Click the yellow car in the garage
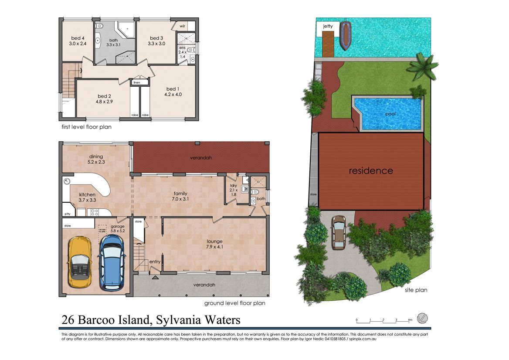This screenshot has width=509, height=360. pyautogui.click(x=80, y=262)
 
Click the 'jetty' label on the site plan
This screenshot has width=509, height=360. pyautogui.click(x=328, y=26)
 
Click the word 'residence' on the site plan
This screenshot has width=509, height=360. pyautogui.click(x=371, y=170)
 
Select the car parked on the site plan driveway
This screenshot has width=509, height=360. pyautogui.click(x=339, y=232)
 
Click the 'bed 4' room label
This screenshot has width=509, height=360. pyautogui.click(x=77, y=38)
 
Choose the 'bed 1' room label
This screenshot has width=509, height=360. pyautogui.click(x=173, y=89)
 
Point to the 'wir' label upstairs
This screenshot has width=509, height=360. pyautogui.click(x=183, y=26)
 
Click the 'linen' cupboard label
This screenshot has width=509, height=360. pyautogui.click(x=137, y=82)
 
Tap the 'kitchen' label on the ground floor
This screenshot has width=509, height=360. pyautogui.click(x=87, y=194)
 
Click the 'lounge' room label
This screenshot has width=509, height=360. pyautogui.click(x=215, y=241)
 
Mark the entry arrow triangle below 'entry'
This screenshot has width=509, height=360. pyautogui.click(x=155, y=276)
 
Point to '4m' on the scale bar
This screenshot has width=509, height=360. pyautogui.click(x=410, y=320)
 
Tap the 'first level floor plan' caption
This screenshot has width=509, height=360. pyautogui.click(x=86, y=127)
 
